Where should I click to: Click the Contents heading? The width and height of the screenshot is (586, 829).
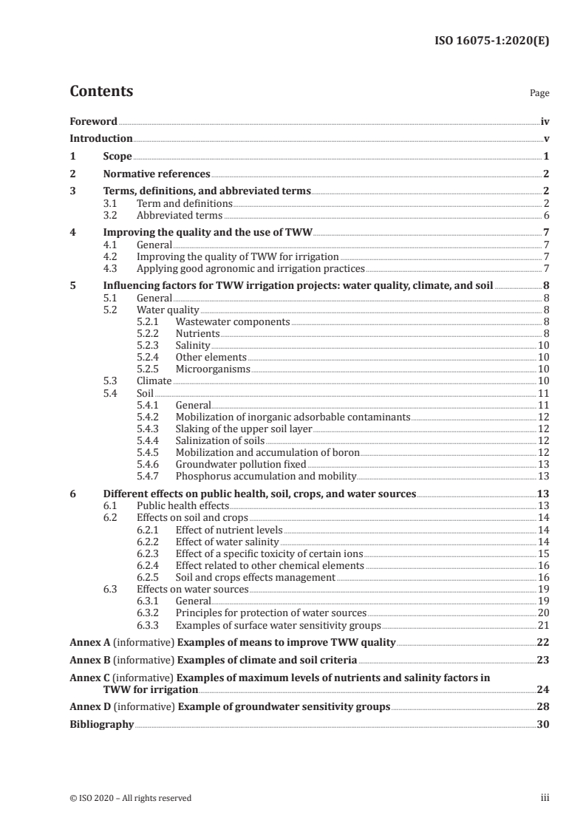(101, 92)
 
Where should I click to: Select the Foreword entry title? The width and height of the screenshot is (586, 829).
(93, 121)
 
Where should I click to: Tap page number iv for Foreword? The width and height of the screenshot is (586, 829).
(545, 121)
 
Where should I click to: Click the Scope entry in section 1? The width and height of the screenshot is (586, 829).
(117, 157)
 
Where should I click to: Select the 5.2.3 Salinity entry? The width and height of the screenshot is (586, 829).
(193, 346)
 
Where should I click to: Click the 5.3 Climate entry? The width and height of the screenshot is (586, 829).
(154, 381)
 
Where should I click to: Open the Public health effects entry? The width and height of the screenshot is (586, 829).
(183, 505)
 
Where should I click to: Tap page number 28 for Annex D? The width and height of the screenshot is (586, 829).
(544, 707)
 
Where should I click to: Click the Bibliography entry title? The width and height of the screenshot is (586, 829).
(101, 725)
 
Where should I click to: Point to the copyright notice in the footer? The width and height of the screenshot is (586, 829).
(131, 798)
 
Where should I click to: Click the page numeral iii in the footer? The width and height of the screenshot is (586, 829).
(545, 798)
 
